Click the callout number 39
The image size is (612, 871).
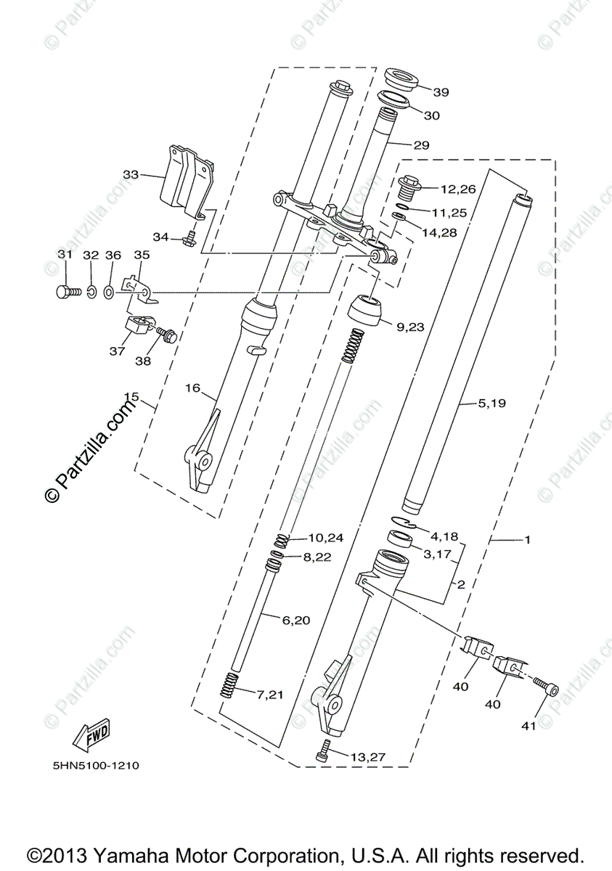point(441,92)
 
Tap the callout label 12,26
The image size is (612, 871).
point(458,189)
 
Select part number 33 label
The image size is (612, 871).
point(131,174)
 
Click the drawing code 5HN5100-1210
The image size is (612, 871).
point(95,765)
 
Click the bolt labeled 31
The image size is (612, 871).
point(66,292)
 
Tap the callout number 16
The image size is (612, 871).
point(192,388)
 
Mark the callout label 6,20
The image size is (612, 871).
point(295,620)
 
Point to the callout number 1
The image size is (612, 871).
point(528,539)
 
